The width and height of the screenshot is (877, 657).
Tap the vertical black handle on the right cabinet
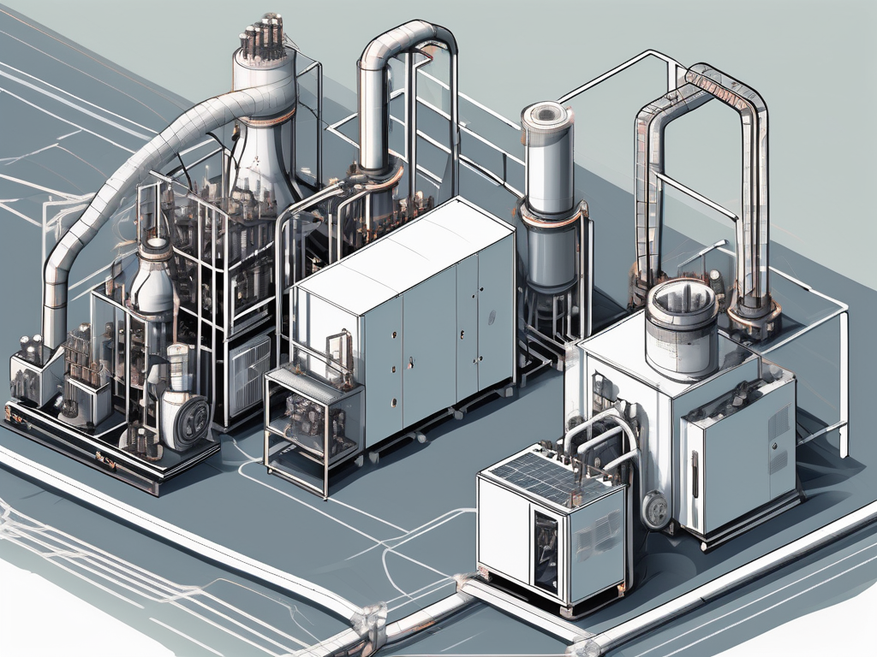[x=695, y=475]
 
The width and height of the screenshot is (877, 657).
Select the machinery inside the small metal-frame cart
[x=313, y=423]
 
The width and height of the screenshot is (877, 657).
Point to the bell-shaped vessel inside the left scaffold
[x=156, y=278]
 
